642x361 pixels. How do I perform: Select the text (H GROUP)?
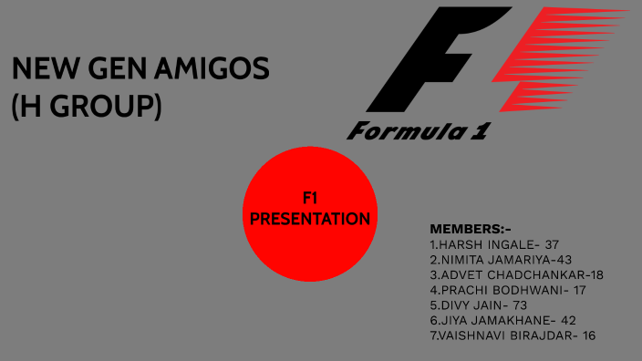86,107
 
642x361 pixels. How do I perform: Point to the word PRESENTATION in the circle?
310,219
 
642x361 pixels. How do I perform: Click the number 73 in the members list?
519,305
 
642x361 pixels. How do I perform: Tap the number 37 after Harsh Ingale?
552,244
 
